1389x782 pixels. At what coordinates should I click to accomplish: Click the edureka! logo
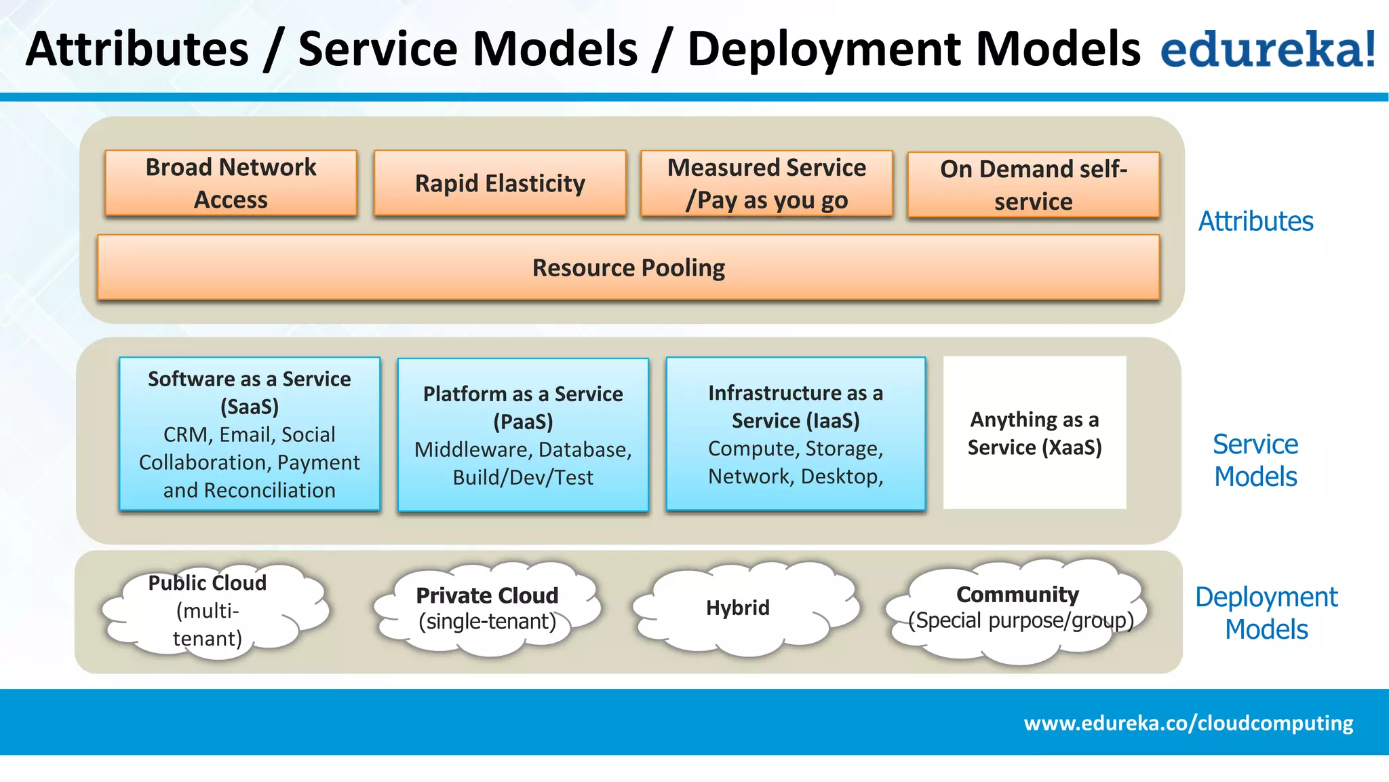pos(1268,49)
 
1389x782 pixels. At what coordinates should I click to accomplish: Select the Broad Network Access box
pos(231,183)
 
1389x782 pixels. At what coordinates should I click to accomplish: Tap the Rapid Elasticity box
pos(500,183)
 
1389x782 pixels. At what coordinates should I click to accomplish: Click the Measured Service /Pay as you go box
pos(766,184)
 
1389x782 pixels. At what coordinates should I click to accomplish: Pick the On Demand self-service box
pos(1033,185)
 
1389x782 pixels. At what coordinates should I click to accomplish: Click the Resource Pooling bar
pos(628,267)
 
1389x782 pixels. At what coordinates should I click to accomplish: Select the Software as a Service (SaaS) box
pos(250,434)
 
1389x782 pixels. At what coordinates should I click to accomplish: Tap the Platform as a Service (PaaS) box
pos(523,435)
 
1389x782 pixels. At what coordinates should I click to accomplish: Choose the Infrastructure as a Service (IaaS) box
pos(796,434)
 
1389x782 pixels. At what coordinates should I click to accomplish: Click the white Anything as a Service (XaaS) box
pos(1034,433)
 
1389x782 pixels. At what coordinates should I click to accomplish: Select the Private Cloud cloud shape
pos(487,608)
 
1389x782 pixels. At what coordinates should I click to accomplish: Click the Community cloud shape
pos(1017,608)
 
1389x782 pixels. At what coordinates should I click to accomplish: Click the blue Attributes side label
pos(1255,221)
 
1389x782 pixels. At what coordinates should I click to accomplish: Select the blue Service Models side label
pos(1255,460)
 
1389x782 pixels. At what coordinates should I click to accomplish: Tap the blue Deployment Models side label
pos(1266,613)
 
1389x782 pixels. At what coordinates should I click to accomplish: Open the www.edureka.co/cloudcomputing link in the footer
pos(1188,723)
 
